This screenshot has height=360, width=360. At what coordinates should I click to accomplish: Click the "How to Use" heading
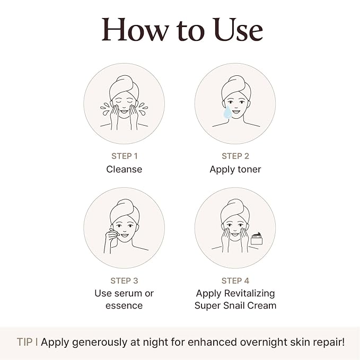click(182, 30)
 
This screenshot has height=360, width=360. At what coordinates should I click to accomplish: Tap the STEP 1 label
click(125, 156)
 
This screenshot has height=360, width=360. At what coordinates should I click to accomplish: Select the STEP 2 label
click(235, 156)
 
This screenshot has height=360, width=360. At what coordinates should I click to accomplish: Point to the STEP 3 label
click(124, 280)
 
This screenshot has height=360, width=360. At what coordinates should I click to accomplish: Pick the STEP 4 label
click(235, 280)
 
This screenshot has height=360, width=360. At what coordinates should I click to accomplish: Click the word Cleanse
click(124, 170)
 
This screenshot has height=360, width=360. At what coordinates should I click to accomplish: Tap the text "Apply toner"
click(235, 170)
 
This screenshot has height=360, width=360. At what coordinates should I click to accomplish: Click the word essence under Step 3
click(124, 306)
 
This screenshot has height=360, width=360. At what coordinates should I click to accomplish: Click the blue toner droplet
click(227, 112)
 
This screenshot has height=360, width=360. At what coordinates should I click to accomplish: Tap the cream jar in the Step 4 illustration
click(257, 239)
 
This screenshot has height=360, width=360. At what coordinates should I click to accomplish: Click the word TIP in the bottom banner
click(24, 342)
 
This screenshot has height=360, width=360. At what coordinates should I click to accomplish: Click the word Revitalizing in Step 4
click(249, 294)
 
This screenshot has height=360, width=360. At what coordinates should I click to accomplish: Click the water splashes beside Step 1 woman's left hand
click(143, 109)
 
